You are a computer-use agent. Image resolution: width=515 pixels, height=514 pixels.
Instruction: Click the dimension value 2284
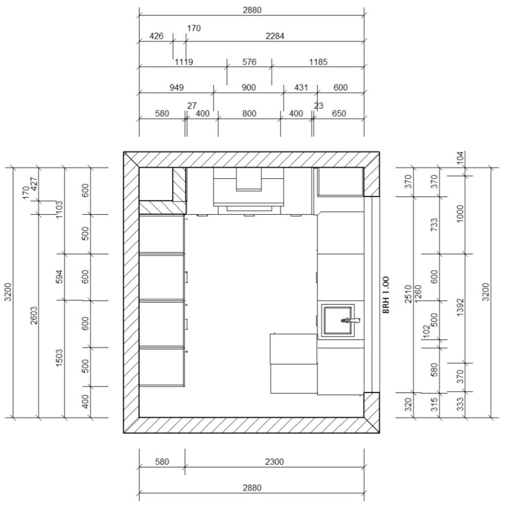(275, 36)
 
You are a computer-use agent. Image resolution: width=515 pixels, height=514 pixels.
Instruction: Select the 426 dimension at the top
(156, 36)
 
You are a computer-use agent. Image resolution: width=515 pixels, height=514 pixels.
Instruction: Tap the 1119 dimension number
(184, 62)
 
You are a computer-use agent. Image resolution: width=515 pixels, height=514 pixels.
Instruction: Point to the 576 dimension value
(249, 62)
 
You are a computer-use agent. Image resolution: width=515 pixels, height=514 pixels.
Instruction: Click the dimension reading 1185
(318, 62)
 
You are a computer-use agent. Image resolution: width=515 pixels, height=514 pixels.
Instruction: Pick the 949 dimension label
(176, 87)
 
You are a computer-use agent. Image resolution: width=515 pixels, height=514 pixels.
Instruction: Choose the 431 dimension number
(301, 87)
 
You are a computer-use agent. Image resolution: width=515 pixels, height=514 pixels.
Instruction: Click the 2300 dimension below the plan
(274, 462)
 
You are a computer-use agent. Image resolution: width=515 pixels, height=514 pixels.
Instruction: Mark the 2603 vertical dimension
(34, 315)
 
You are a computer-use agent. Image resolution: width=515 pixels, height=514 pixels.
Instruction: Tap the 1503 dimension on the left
(59, 358)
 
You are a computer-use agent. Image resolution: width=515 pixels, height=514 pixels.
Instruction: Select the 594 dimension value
(59, 277)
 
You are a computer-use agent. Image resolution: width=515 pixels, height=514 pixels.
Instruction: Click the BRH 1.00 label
(386, 295)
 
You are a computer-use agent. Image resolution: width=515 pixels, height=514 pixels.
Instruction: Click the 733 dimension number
(434, 225)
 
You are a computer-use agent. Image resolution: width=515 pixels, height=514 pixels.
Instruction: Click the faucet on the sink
(350, 320)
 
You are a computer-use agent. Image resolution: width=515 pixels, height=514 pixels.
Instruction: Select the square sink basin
(337, 320)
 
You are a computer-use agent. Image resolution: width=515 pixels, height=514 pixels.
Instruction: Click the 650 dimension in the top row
(339, 113)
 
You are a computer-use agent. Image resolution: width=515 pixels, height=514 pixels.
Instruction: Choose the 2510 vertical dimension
(408, 294)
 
